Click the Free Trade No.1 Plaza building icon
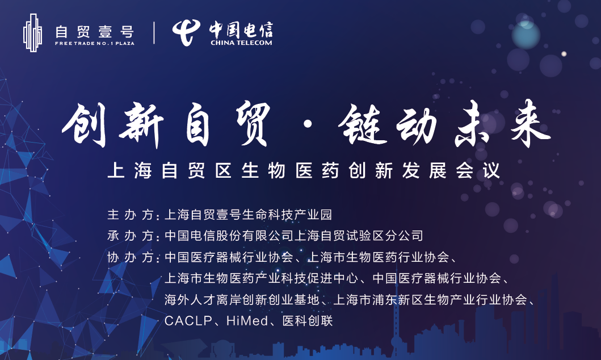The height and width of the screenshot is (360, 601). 32,32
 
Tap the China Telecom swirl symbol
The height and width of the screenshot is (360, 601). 186,32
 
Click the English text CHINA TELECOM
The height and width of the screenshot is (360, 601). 241,43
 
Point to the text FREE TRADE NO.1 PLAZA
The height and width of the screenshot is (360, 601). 95,43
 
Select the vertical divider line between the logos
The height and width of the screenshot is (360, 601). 154,32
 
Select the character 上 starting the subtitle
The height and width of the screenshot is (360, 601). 116,170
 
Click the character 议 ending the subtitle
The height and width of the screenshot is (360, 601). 491,170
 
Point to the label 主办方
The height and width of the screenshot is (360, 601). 131,214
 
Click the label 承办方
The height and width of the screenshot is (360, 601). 131,236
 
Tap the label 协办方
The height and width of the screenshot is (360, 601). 131,257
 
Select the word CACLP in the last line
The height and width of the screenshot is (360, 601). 188,320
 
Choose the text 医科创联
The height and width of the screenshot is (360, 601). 308,320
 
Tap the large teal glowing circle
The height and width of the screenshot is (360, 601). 526,35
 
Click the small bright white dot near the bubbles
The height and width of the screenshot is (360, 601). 564,54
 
